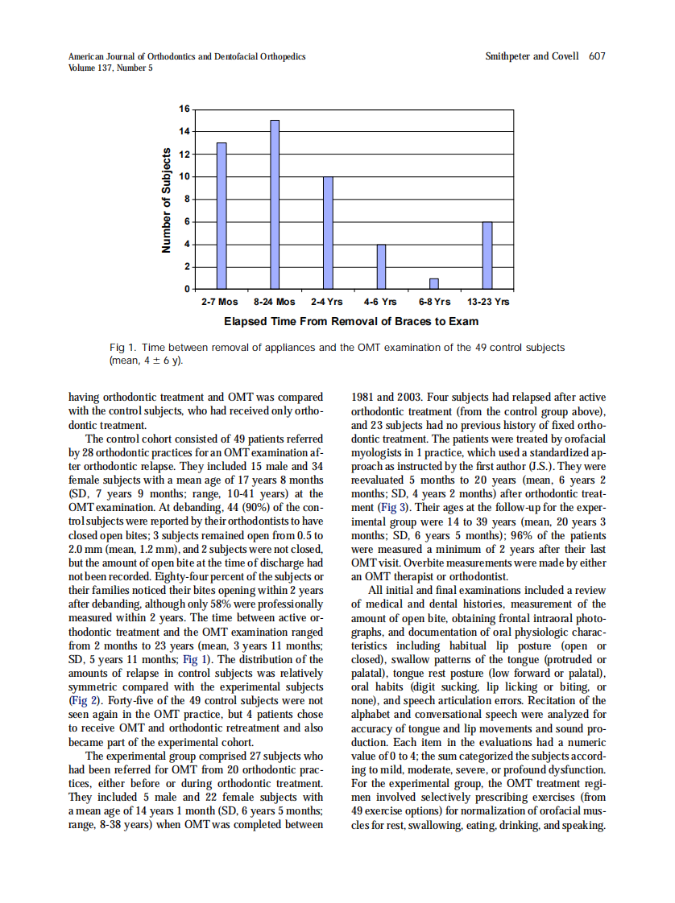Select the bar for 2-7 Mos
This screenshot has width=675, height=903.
(x=221, y=216)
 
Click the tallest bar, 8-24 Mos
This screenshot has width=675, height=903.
(x=275, y=204)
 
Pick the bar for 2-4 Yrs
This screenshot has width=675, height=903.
(x=328, y=233)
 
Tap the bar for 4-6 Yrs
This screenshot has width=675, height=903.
(x=381, y=266)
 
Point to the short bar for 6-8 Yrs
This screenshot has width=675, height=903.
(x=434, y=283)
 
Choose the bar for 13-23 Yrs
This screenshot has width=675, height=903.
(x=487, y=255)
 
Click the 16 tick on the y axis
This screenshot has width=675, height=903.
(x=184, y=109)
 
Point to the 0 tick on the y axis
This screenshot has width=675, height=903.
(x=186, y=289)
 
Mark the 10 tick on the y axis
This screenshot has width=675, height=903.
(x=184, y=176)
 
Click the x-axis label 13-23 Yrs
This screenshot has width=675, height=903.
(x=488, y=303)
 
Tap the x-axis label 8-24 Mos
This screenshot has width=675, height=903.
(x=275, y=303)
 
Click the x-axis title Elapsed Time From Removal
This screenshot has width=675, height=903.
(x=350, y=322)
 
